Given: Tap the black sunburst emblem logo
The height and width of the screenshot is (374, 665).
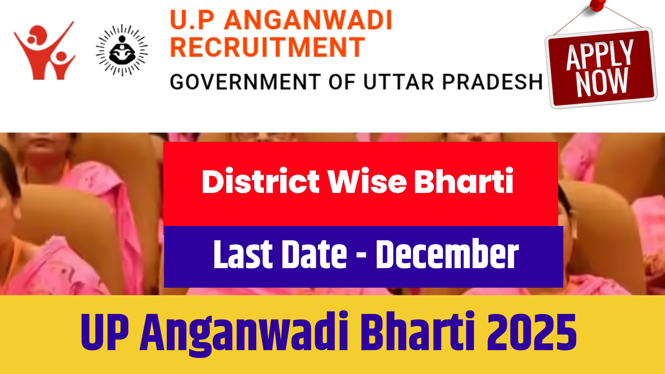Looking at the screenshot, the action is pyautogui.click(x=122, y=50).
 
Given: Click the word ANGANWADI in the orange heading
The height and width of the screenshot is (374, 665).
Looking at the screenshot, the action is pyautogui.click(x=308, y=20).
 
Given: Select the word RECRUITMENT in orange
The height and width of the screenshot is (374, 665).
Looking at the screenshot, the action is pyautogui.click(x=268, y=47).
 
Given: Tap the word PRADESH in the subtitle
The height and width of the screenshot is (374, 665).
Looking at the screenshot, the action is pyautogui.click(x=492, y=82).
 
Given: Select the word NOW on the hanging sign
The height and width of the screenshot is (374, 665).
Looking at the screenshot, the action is pyautogui.click(x=602, y=82).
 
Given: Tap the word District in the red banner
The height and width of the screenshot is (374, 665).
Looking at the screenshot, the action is pyautogui.click(x=261, y=181).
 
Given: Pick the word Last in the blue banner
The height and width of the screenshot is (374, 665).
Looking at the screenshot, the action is pyautogui.click(x=243, y=254).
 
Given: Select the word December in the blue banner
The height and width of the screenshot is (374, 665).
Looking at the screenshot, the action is pyautogui.click(x=447, y=254).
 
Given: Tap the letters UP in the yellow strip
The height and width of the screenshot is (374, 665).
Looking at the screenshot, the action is pyautogui.click(x=105, y=332).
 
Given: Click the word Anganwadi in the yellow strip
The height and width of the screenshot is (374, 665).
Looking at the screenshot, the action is pyautogui.click(x=244, y=333).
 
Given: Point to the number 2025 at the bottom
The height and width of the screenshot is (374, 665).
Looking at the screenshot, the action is pyautogui.click(x=531, y=332).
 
